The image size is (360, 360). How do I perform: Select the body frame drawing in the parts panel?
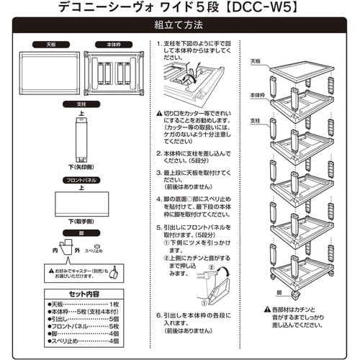tap(114, 73)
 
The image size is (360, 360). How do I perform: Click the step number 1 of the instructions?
tap(158, 43)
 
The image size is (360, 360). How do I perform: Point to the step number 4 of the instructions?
tap(158, 197)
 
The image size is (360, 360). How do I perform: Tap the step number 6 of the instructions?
tap(158, 315)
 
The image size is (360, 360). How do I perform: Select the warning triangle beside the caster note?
tap(50, 270)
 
